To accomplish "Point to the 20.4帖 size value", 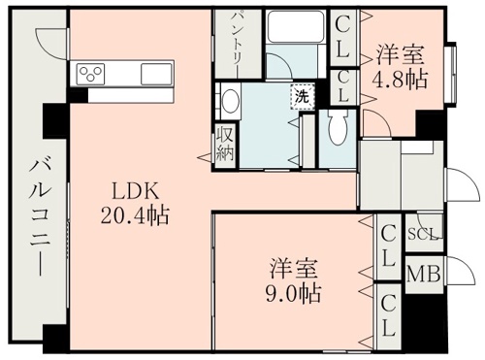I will [133, 214].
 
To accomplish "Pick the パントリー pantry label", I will [235, 40].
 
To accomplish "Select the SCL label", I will [423, 234].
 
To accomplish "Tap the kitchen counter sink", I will [156, 75].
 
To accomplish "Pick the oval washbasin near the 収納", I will [229, 101].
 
